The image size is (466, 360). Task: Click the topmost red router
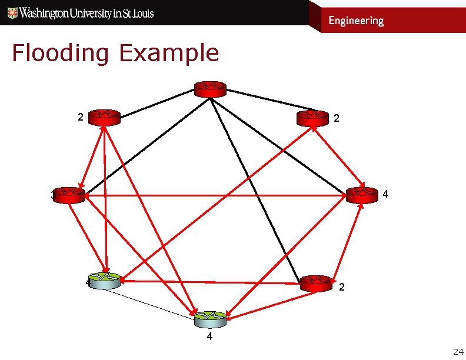210,89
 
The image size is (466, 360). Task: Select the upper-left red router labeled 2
104,118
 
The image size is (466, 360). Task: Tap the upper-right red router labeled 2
313,118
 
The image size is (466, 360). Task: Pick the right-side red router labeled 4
362,195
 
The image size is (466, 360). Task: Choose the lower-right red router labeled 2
317,284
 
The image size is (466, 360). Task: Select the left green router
104,281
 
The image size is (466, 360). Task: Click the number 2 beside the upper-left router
80,116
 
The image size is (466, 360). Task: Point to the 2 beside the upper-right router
336,118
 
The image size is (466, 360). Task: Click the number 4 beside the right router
385,193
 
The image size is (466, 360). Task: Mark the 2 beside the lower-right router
341,287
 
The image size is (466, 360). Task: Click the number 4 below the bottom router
209,338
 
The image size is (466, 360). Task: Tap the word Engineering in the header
355,21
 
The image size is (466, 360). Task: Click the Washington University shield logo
11,13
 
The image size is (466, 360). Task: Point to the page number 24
458,352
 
